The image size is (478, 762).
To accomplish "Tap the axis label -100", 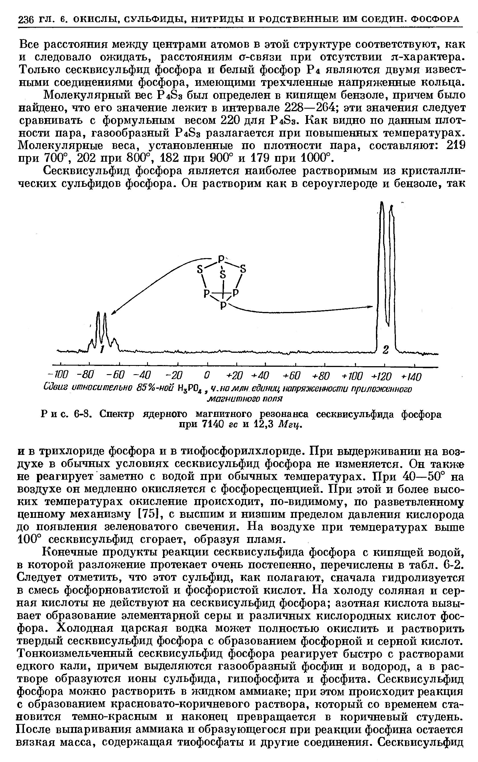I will click(x=58, y=376).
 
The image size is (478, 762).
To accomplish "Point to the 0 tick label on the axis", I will click(x=207, y=376).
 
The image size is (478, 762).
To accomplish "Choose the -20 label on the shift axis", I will click(x=174, y=376).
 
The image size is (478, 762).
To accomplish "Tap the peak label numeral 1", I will click(x=102, y=349).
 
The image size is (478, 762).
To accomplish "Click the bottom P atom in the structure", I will click(x=223, y=305).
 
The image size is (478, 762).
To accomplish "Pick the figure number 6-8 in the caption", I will click(x=83, y=414).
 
